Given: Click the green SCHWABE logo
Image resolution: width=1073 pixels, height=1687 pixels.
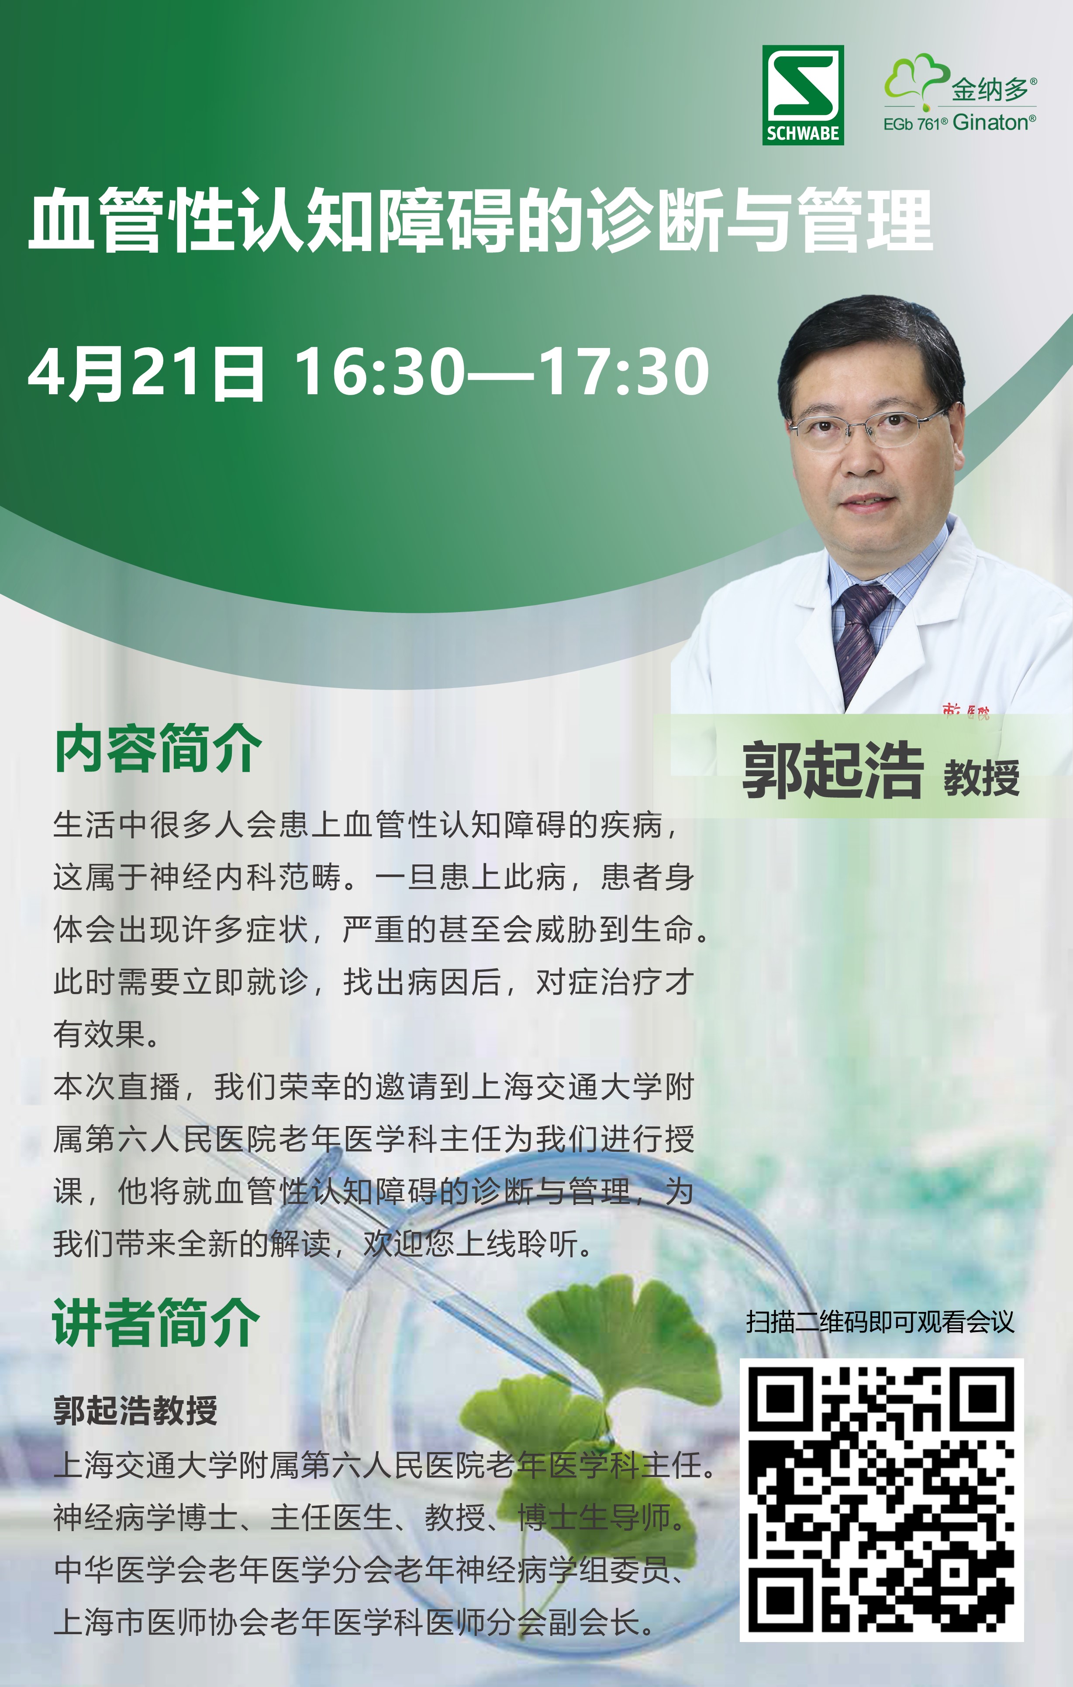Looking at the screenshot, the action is tap(803, 95).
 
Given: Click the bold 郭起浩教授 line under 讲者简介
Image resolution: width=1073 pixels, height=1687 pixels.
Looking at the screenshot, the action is tap(135, 1410).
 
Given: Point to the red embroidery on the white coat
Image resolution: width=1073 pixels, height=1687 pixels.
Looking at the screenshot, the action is tap(966, 711).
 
